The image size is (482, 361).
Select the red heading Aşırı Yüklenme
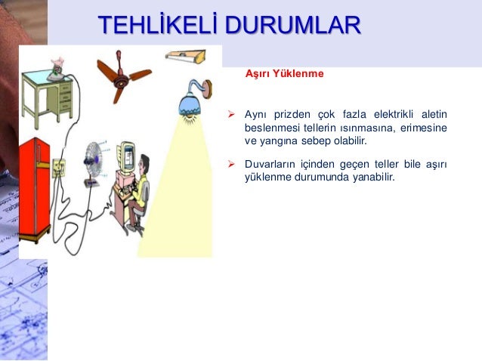(284, 74)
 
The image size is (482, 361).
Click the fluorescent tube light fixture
(184, 54)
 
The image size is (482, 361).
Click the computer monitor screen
(128, 159)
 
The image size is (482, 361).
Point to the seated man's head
(147, 162)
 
